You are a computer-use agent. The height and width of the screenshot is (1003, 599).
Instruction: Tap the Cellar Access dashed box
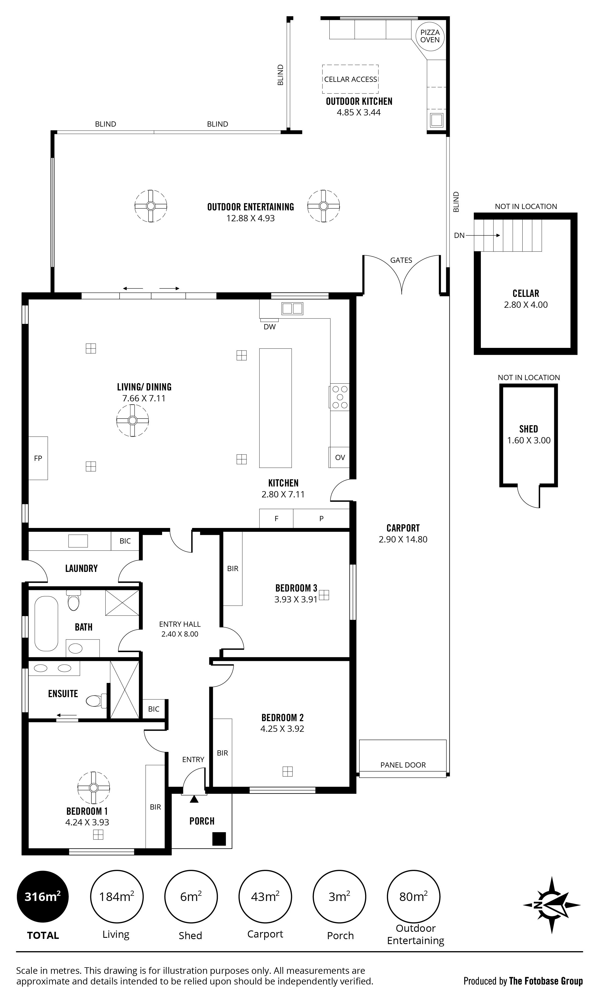click(350, 79)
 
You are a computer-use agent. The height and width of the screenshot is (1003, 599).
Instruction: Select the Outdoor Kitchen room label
click(359, 101)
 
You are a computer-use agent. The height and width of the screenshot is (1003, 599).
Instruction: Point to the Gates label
click(401, 260)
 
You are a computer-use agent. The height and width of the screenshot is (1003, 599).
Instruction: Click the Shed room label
click(528, 429)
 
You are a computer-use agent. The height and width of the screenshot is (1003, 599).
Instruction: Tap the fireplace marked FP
click(38, 458)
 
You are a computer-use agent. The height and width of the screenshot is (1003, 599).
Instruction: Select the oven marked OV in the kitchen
click(339, 457)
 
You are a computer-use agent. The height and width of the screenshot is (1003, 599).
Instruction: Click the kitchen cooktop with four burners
click(340, 397)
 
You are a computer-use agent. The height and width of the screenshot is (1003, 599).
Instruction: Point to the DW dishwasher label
click(270, 327)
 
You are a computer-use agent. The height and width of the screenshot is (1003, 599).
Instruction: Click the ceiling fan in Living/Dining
click(132, 420)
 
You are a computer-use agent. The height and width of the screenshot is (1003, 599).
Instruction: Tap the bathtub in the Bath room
click(46, 624)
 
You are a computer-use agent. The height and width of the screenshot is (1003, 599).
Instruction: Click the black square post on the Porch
click(219, 839)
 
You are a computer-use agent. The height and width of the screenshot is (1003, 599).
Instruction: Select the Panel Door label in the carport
click(403, 765)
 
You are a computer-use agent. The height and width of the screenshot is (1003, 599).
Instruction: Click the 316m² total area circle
click(42, 897)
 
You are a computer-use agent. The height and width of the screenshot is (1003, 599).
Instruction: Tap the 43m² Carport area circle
click(265, 897)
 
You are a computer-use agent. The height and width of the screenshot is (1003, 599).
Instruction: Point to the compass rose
click(552, 905)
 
